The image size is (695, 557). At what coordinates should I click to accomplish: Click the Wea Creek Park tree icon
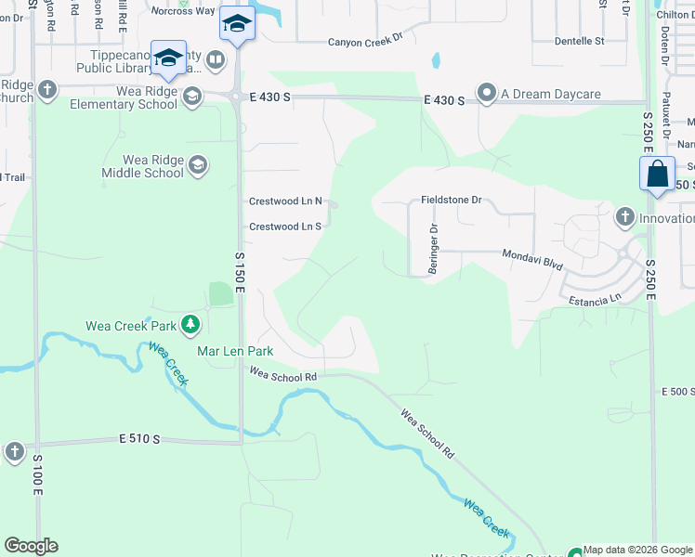click(x=190, y=325)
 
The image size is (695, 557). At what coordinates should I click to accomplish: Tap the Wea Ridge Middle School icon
click(x=197, y=166)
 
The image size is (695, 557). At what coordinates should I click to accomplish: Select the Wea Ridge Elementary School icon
click(x=191, y=97)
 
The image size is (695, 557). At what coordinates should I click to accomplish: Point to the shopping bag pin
click(x=657, y=175)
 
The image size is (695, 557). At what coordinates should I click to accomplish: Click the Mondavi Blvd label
click(x=532, y=259)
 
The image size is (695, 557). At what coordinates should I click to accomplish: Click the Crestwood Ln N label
click(x=285, y=201)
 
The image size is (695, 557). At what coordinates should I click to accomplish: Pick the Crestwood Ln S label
click(x=284, y=227)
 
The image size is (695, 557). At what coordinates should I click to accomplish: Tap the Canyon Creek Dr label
click(x=368, y=42)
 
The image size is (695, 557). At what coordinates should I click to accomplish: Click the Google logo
click(x=31, y=546)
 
